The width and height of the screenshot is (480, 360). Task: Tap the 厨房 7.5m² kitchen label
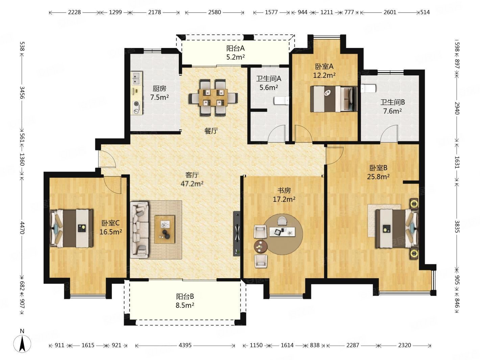tap(160, 93)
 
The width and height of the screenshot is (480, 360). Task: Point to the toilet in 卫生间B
tap(368, 89)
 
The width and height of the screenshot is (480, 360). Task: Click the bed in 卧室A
tap(333, 99)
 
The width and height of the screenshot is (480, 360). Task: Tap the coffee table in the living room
tap(165, 229)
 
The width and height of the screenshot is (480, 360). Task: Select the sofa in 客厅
tap(140, 229)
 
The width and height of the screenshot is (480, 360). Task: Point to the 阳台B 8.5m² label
tap(185, 301)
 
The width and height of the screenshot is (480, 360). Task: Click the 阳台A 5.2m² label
tap(235, 53)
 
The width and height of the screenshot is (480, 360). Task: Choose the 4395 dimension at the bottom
tap(185, 345)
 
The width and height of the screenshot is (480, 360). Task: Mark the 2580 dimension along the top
tap(214, 12)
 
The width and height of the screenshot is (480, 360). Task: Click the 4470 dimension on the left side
tap(22, 228)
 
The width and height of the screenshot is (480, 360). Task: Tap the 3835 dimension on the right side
tap(457, 226)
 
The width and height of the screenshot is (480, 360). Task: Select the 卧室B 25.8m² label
tap(378, 172)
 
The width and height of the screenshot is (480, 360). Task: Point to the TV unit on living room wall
tap(237, 233)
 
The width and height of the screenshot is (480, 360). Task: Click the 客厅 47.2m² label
tap(192, 179)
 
